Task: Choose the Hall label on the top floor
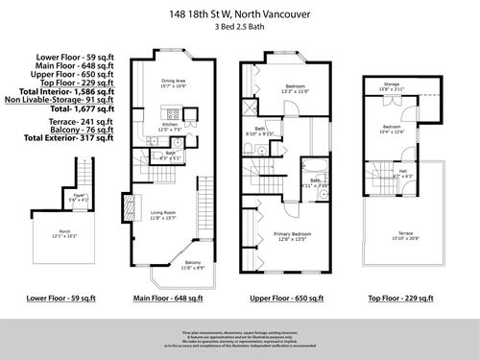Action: pyautogui.click(x=405, y=173)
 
